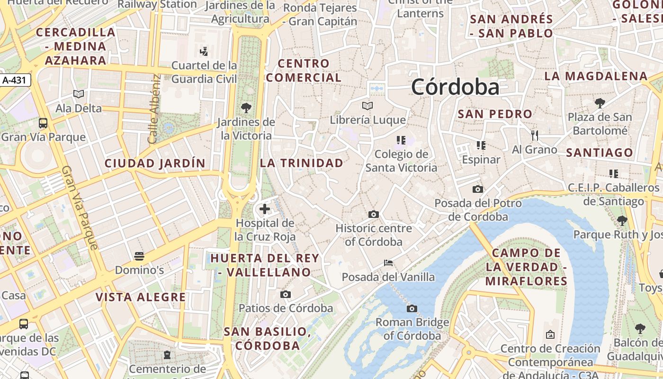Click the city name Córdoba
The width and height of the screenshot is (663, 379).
(x=455, y=87)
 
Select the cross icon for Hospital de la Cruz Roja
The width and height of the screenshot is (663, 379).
(x=265, y=208)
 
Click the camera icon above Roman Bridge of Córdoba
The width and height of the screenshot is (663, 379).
(x=412, y=309)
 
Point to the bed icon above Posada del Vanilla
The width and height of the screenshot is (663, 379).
(x=388, y=263)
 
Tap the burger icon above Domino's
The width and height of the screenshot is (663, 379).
(x=139, y=256)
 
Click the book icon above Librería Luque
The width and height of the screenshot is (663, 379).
(x=367, y=106)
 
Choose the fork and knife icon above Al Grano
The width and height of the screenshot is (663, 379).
(x=535, y=135)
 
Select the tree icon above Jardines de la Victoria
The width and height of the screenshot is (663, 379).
(x=246, y=108)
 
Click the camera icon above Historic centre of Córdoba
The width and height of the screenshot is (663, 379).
(x=373, y=214)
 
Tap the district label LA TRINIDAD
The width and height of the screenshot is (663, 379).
(x=302, y=163)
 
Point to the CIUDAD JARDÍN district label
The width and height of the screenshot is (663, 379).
(x=155, y=163)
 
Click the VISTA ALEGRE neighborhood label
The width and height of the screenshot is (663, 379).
(x=141, y=297)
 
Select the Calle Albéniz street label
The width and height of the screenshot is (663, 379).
(x=153, y=109)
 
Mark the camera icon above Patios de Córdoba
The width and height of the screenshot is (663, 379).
(x=285, y=295)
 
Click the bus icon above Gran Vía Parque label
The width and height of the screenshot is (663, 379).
(x=43, y=124)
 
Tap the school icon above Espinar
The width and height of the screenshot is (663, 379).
(x=481, y=145)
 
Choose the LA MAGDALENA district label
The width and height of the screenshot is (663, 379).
(x=596, y=76)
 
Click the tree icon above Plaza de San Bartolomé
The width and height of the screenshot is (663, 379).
(x=600, y=103)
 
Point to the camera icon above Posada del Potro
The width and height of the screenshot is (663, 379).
(x=478, y=189)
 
